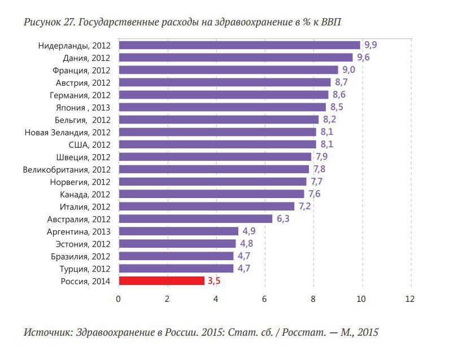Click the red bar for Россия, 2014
tap(162, 280)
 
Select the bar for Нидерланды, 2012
tap(239, 45)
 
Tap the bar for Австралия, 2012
tap(195, 218)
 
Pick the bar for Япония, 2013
tap(222, 107)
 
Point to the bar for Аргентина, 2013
tap(178, 231)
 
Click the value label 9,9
tap(370, 45)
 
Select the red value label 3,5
tap(214, 280)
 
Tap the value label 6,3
tap(282, 218)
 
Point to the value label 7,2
tap(304, 206)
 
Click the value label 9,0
tap(348, 70)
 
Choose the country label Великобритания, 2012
tap(67, 169)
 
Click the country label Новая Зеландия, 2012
tap(67, 132)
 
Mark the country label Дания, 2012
tap(86, 58)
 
